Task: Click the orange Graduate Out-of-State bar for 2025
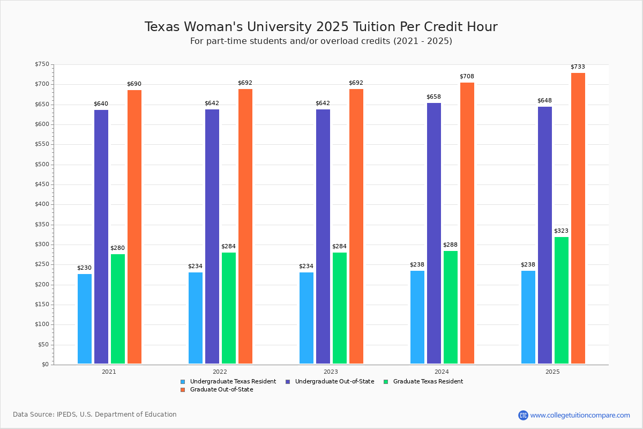pos(578,218)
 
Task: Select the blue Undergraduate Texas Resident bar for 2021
pos(85,319)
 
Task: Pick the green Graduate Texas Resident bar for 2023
pos(340,308)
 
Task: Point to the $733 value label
pos(578,67)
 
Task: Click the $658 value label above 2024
pos(433,97)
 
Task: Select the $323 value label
pos(561,231)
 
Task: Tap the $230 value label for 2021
pos(84,268)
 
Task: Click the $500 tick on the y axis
pos(41,165)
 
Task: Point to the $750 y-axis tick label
pos(41,65)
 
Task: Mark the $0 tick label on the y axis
pos(44,365)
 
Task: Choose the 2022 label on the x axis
pos(220,372)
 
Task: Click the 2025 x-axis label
pos(552,372)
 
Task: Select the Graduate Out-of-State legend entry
pos(221,390)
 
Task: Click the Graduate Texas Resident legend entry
pos(428,382)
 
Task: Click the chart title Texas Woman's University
pos(321,27)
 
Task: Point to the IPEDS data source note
pos(95,415)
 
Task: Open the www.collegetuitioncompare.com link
pos(580,415)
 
